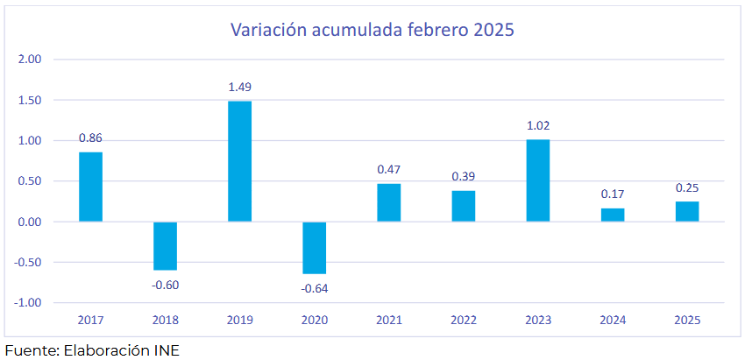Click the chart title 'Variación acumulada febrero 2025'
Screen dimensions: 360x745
(x=372, y=29)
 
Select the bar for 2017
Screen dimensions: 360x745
(x=90, y=187)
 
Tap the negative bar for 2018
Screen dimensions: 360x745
(x=165, y=246)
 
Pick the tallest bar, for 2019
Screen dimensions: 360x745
(x=239, y=161)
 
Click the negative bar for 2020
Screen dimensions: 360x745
(x=314, y=248)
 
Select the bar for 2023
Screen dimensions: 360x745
(x=538, y=180)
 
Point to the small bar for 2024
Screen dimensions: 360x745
(x=613, y=215)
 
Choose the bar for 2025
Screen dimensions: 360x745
(x=687, y=211)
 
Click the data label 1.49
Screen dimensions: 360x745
(x=239, y=87)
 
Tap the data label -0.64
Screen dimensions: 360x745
(x=314, y=288)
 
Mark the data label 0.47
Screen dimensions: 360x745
(x=389, y=169)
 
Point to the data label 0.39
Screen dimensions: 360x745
(x=464, y=176)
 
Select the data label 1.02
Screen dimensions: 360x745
(x=538, y=125)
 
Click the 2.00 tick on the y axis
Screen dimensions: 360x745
(x=30, y=60)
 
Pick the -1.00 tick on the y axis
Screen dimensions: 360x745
(x=29, y=302)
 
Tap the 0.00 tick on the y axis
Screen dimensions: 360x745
(x=30, y=222)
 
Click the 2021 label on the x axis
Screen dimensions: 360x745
(x=389, y=320)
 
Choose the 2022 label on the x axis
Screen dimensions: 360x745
(x=464, y=320)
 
